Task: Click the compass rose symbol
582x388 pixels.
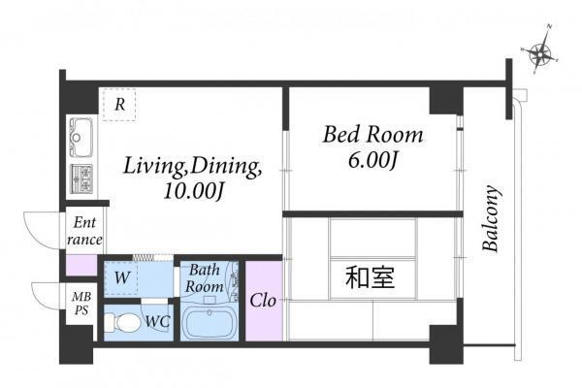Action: (539, 51)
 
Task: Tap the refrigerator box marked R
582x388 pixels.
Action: (119, 105)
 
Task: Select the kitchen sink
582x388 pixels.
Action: (81, 138)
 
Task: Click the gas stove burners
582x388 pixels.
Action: (81, 178)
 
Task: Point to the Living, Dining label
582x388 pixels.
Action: (192, 167)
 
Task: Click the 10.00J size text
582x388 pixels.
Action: (194, 191)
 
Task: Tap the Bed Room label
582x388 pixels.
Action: (372, 135)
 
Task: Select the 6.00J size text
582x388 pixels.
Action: (372, 160)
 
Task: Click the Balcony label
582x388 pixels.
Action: (491, 218)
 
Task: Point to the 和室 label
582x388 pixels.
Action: (371, 277)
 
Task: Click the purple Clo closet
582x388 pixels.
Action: (264, 301)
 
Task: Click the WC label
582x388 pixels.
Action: (157, 321)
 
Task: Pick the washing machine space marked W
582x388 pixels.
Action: (120, 277)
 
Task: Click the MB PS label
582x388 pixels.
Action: (81, 304)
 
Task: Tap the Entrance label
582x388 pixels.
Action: (84, 231)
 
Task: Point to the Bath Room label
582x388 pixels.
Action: (205, 278)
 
